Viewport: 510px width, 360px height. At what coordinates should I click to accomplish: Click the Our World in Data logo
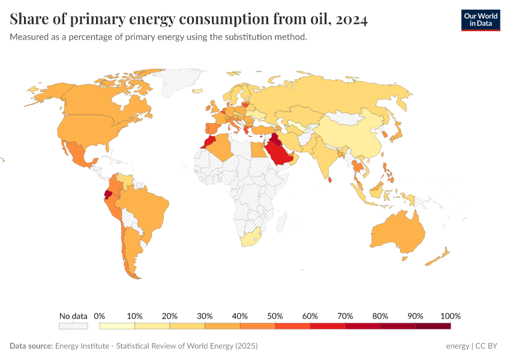pos(480,20)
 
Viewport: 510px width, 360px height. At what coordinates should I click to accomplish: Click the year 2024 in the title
pos(352,20)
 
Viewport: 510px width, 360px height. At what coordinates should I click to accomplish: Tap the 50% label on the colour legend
pos(275,316)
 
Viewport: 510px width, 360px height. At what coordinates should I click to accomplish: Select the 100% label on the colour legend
pos(450,316)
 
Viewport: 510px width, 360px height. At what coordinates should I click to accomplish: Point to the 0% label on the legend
pos(100,316)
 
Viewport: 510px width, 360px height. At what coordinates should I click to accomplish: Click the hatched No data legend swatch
pos(73,326)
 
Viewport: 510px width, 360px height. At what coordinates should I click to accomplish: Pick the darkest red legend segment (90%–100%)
pos(433,326)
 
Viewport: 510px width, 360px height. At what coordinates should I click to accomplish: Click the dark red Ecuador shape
pos(108,194)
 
